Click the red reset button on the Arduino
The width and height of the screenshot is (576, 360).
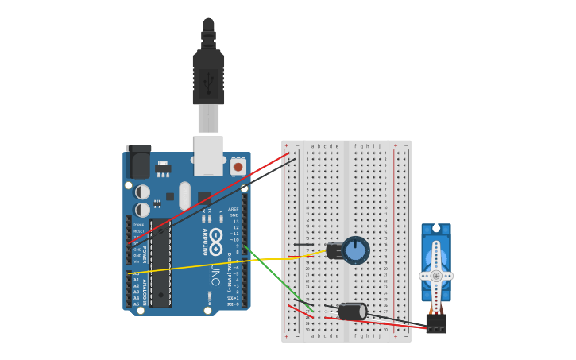pos(238,167)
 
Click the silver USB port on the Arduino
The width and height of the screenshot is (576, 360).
pos(208,156)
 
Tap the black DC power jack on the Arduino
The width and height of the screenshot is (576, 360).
pos(139,162)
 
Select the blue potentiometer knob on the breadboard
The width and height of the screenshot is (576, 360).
pos(356,250)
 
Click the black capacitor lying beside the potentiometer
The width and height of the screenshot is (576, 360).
pos(334,250)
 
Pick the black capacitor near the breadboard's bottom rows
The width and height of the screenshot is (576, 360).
pos(352,312)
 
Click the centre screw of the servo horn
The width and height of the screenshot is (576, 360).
pos(436,276)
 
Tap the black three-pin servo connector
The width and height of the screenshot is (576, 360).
pos(436,323)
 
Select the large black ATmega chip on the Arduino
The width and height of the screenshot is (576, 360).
pos(160,263)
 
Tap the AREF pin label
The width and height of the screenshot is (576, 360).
pos(234,209)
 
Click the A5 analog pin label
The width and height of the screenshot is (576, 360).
pos(136,304)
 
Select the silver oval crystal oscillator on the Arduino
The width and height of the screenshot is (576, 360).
pos(185,195)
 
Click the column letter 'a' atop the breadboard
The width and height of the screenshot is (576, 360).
pos(313,146)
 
